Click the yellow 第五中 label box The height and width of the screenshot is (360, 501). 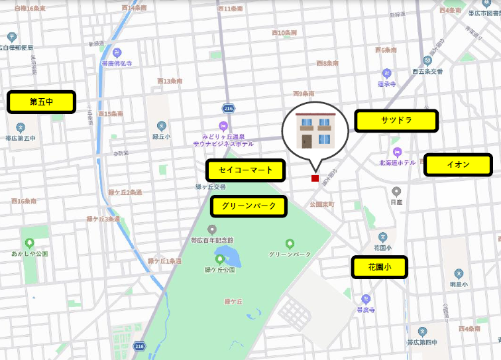[x=41, y=102]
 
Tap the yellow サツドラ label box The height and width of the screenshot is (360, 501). [x=396, y=121]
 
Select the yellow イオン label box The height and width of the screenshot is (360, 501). [x=458, y=164]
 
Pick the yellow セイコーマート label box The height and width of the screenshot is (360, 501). [x=245, y=170]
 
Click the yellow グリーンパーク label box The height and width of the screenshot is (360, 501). [x=249, y=206]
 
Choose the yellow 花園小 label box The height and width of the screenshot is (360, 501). [x=379, y=267]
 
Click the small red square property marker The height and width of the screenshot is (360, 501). [x=315, y=178]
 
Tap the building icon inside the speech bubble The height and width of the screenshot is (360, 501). [x=314, y=131]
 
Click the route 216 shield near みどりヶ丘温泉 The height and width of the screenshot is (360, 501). [x=229, y=108]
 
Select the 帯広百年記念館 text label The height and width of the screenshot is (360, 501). [x=212, y=239]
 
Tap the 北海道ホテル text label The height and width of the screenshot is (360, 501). [x=398, y=162]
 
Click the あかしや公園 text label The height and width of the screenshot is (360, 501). [x=29, y=253]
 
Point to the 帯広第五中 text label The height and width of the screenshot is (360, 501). [x=21, y=139]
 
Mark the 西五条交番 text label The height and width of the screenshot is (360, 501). [x=427, y=72]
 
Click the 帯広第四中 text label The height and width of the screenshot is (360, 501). [x=422, y=342]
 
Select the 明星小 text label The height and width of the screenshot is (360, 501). [x=459, y=284]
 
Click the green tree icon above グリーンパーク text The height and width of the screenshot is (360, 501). [x=290, y=243]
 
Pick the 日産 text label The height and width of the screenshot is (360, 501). [x=396, y=202]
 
